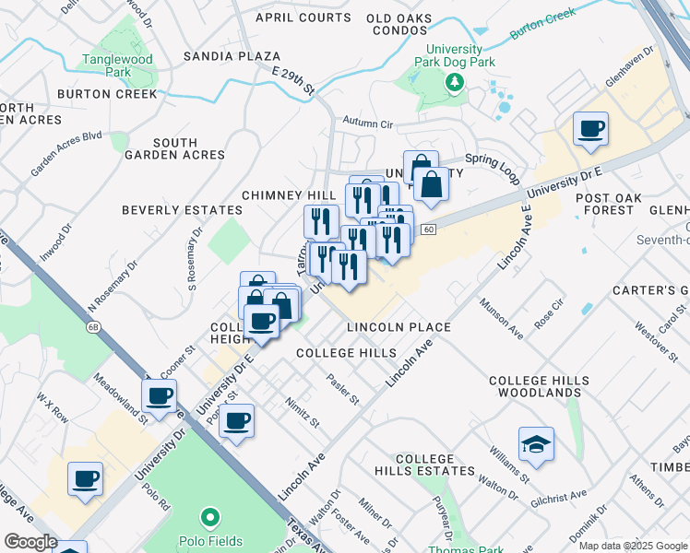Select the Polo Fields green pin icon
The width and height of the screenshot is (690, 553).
pos(209,519)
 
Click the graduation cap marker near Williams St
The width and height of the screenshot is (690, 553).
pos(536,445)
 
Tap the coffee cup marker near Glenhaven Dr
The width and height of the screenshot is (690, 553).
pos(589,129)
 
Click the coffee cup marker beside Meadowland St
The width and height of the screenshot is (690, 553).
pos(160,396)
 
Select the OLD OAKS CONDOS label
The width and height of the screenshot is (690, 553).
pos(410,24)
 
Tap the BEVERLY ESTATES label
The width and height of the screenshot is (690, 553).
pos(182,210)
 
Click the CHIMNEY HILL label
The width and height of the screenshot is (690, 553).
pos(288,195)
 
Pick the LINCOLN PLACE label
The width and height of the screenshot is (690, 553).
pos(399,327)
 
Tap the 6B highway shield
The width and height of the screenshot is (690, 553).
pos(92,326)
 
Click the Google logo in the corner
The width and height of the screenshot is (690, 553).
pos(30,542)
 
